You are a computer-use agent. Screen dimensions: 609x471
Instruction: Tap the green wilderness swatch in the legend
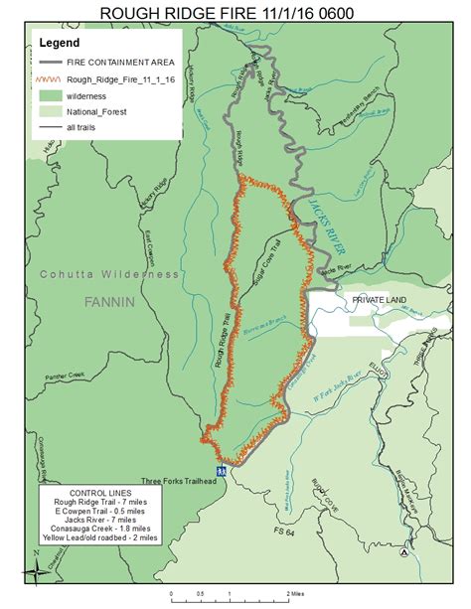point(51,94)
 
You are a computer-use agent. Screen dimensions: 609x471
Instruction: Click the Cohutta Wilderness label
point(109,273)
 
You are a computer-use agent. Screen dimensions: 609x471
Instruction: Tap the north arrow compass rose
point(38,570)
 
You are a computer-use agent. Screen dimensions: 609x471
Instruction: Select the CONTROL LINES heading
point(95,493)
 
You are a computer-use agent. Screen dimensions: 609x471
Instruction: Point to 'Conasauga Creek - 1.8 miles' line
point(95,531)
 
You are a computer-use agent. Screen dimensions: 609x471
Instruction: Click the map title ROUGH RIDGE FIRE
point(235,13)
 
